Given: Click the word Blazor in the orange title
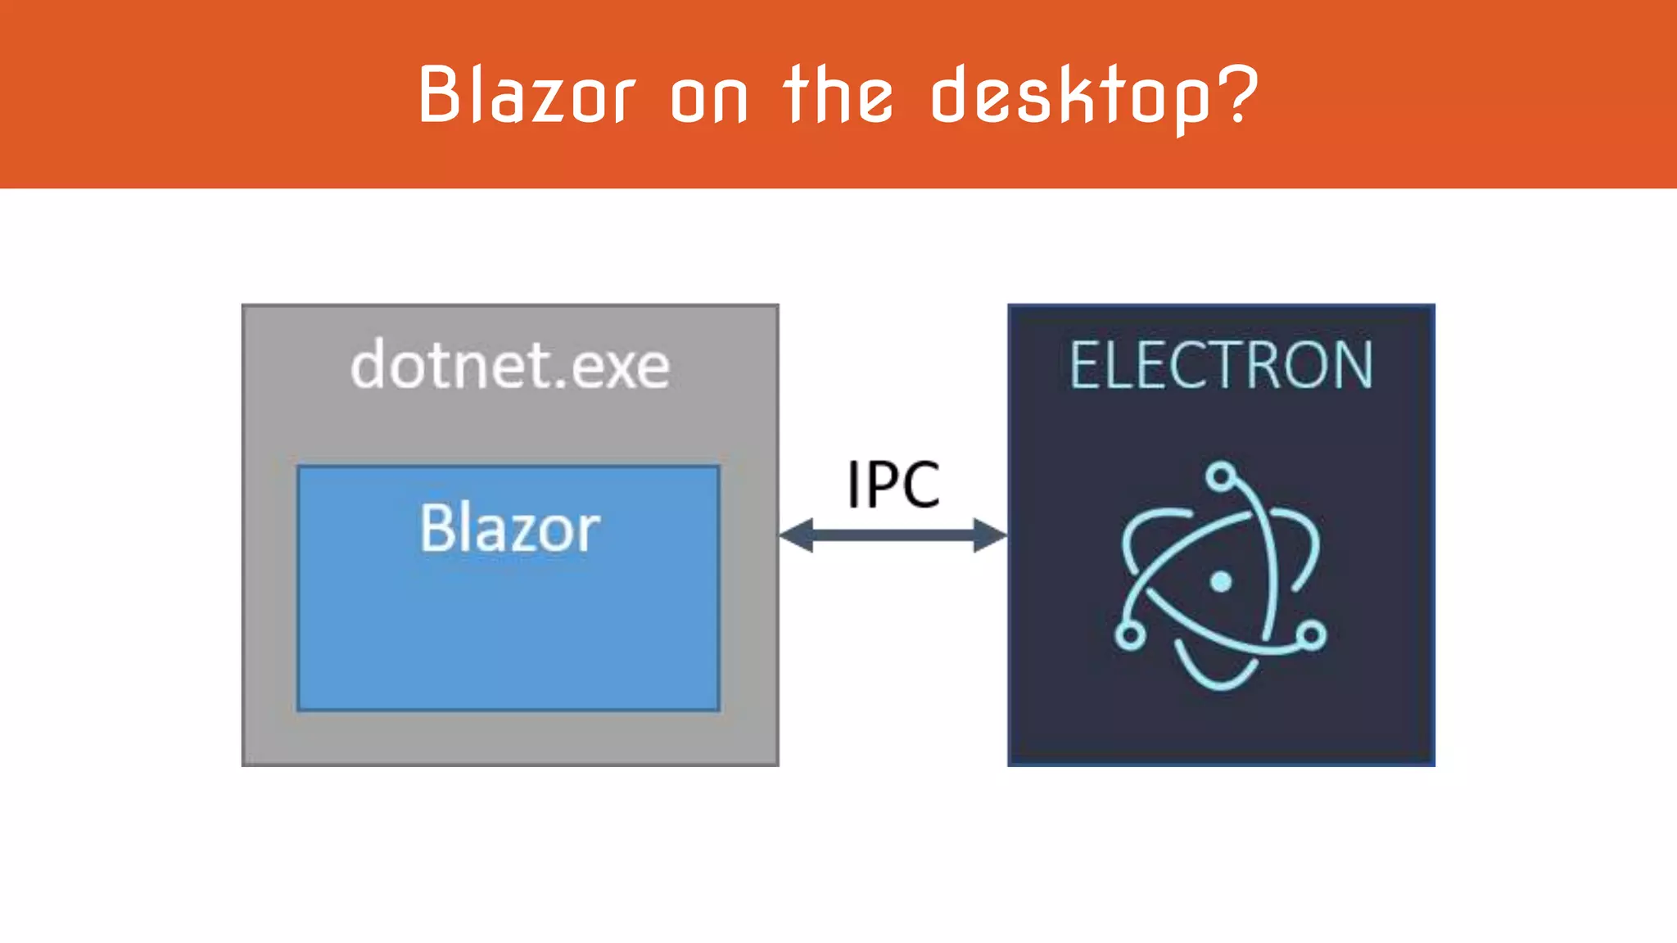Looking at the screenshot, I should point(527,96).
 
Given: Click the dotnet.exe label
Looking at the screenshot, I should point(510,366).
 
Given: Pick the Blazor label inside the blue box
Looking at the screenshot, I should point(509,529).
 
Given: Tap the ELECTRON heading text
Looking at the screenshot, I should point(1221,366).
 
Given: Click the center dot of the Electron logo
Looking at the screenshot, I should point(1221,582).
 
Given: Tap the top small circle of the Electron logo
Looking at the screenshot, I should point(1221,476).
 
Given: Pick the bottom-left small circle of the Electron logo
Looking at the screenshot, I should point(1129,635).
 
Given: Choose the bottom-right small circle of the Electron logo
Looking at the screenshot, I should point(1312,634).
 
